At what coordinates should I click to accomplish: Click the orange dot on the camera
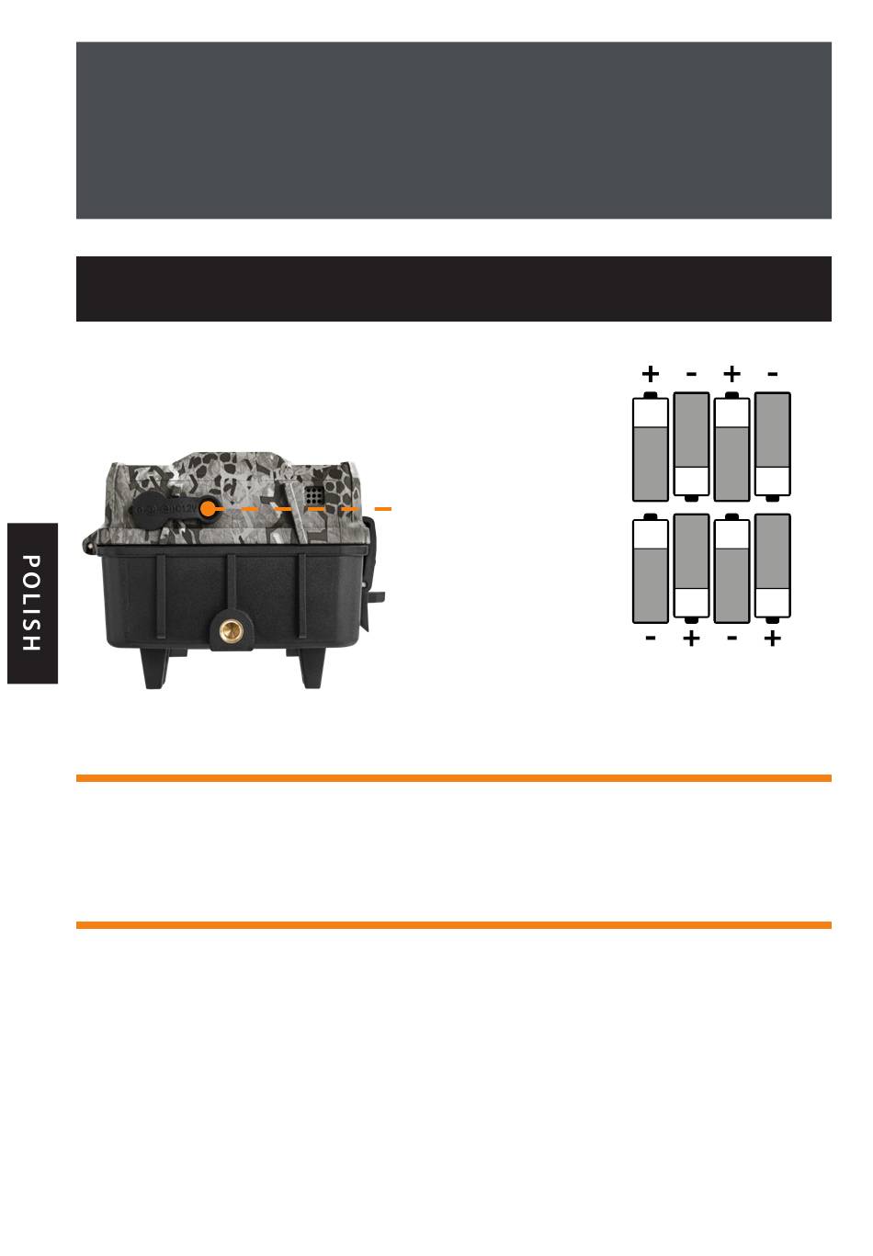pyautogui.click(x=209, y=508)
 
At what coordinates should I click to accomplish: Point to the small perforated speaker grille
pyautogui.click(x=314, y=496)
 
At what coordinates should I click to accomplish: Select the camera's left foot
pyautogui.click(x=155, y=668)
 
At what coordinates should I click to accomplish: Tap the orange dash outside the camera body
pyautogui.click(x=383, y=508)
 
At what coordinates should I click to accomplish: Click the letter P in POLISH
pyautogui.click(x=30, y=562)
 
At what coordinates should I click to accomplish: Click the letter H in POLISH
pyautogui.click(x=30, y=642)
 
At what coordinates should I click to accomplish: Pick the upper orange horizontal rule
pyautogui.click(x=453, y=778)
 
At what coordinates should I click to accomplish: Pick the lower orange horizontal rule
pyautogui.click(x=453, y=925)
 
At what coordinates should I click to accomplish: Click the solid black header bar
pyautogui.click(x=453, y=289)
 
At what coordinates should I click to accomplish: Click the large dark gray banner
pyautogui.click(x=453, y=130)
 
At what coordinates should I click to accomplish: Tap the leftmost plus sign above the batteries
pyautogui.click(x=651, y=374)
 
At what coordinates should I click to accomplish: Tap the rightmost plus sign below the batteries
pyautogui.click(x=772, y=638)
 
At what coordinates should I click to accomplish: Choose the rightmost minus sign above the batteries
pyautogui.click(x=772, y=374)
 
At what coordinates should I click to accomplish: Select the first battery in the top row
pyautogui.click(x=651, y=447)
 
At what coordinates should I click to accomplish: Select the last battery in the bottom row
pyautogui.click(x=772, y=567)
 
